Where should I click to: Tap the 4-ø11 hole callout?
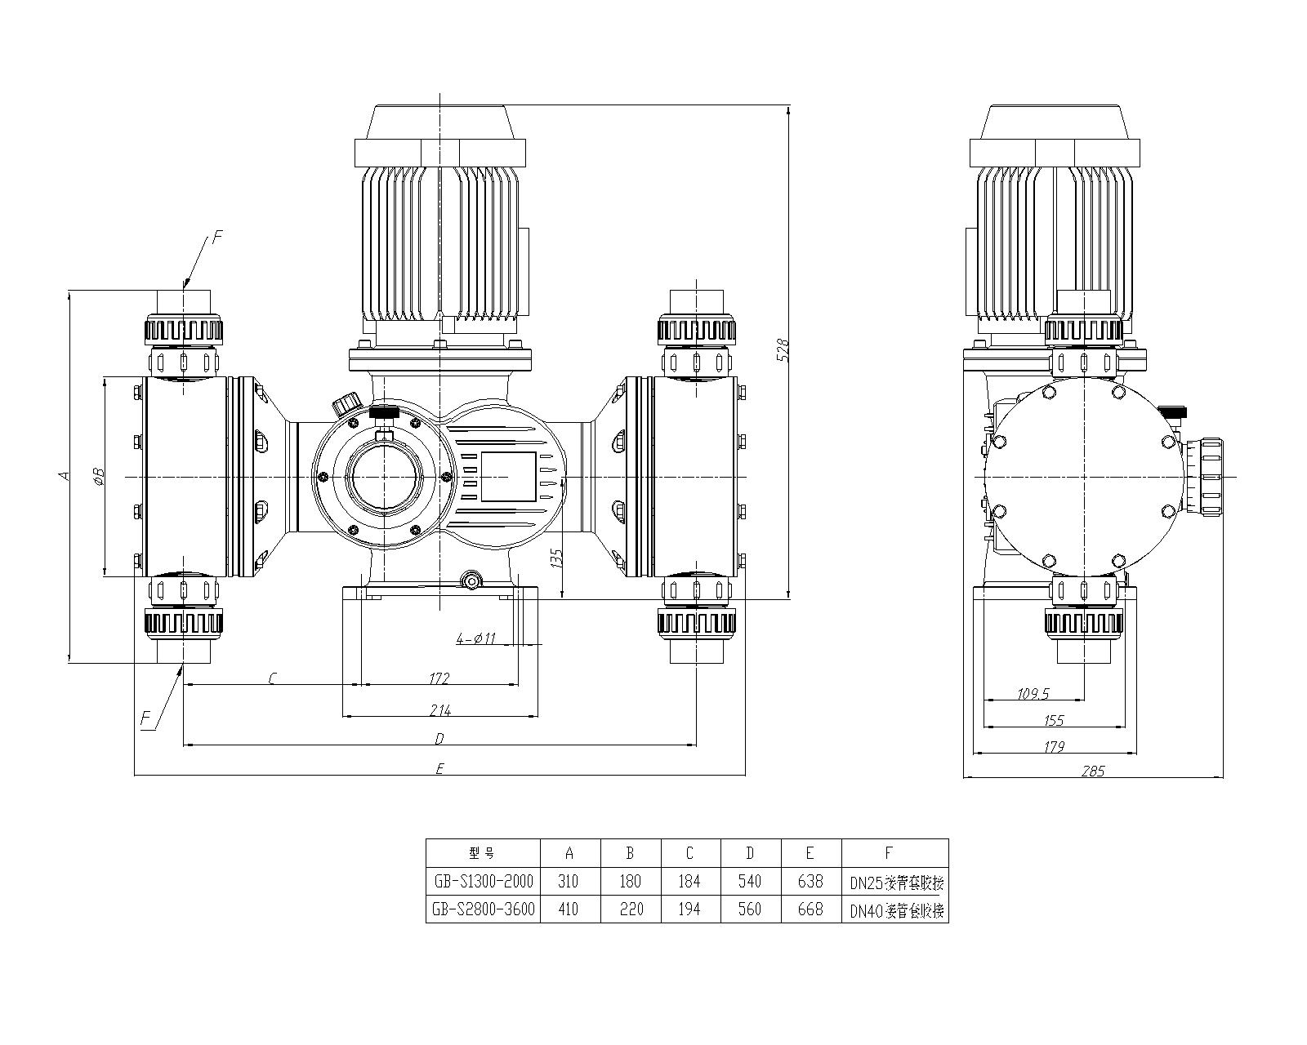[x=475, y=639]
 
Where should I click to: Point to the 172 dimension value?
[x=439, y=678]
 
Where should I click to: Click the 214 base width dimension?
[x=440, y=710]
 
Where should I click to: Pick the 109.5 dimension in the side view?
[x=1033, y=694]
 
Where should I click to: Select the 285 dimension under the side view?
[x=1091, y=771]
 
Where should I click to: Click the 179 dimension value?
[x=1055, y=746]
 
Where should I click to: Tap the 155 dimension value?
[x=1055, y=720]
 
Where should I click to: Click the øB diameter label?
[x=97, y=476]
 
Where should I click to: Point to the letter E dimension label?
[x=439, y=768]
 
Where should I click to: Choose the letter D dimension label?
[x=439, y=739]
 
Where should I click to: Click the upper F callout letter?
[x=216, y=238]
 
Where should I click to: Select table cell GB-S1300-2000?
[x=483, y=882]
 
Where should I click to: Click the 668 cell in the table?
[x=810, y=909]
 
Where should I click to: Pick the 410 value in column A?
[x=569, y=909]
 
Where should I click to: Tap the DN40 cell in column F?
[x=895, y=910]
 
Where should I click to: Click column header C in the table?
[x=690, y=853]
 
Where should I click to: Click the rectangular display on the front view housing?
[x=507, y=477]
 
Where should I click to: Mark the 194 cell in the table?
[x=690, y=909]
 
